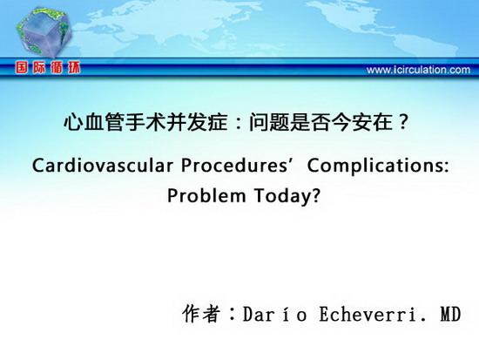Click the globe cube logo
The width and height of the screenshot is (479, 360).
(44, 31)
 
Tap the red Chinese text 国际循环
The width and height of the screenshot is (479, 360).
(48, 67)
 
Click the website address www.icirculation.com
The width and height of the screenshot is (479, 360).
(418, 70)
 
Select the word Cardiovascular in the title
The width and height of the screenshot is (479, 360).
(103, 166)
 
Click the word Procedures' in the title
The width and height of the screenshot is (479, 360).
(236, 166)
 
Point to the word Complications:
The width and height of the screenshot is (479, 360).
(378, 166)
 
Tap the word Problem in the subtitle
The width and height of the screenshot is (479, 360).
(206, 195)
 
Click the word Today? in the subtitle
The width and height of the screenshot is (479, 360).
(287, 196)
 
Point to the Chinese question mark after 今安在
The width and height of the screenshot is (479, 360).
(403, 122)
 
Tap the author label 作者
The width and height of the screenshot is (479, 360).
(201, 313)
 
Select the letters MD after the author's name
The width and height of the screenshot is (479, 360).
(450, 314)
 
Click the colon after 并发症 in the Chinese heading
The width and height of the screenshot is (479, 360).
(239, 123)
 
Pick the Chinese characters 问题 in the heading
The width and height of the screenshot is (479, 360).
(269, 122)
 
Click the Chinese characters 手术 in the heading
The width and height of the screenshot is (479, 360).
(145, 122)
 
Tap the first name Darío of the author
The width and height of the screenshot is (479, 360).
(274, 314)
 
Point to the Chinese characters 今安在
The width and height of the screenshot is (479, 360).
(362, 122)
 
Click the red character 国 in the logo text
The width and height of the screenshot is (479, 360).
(22, 67)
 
